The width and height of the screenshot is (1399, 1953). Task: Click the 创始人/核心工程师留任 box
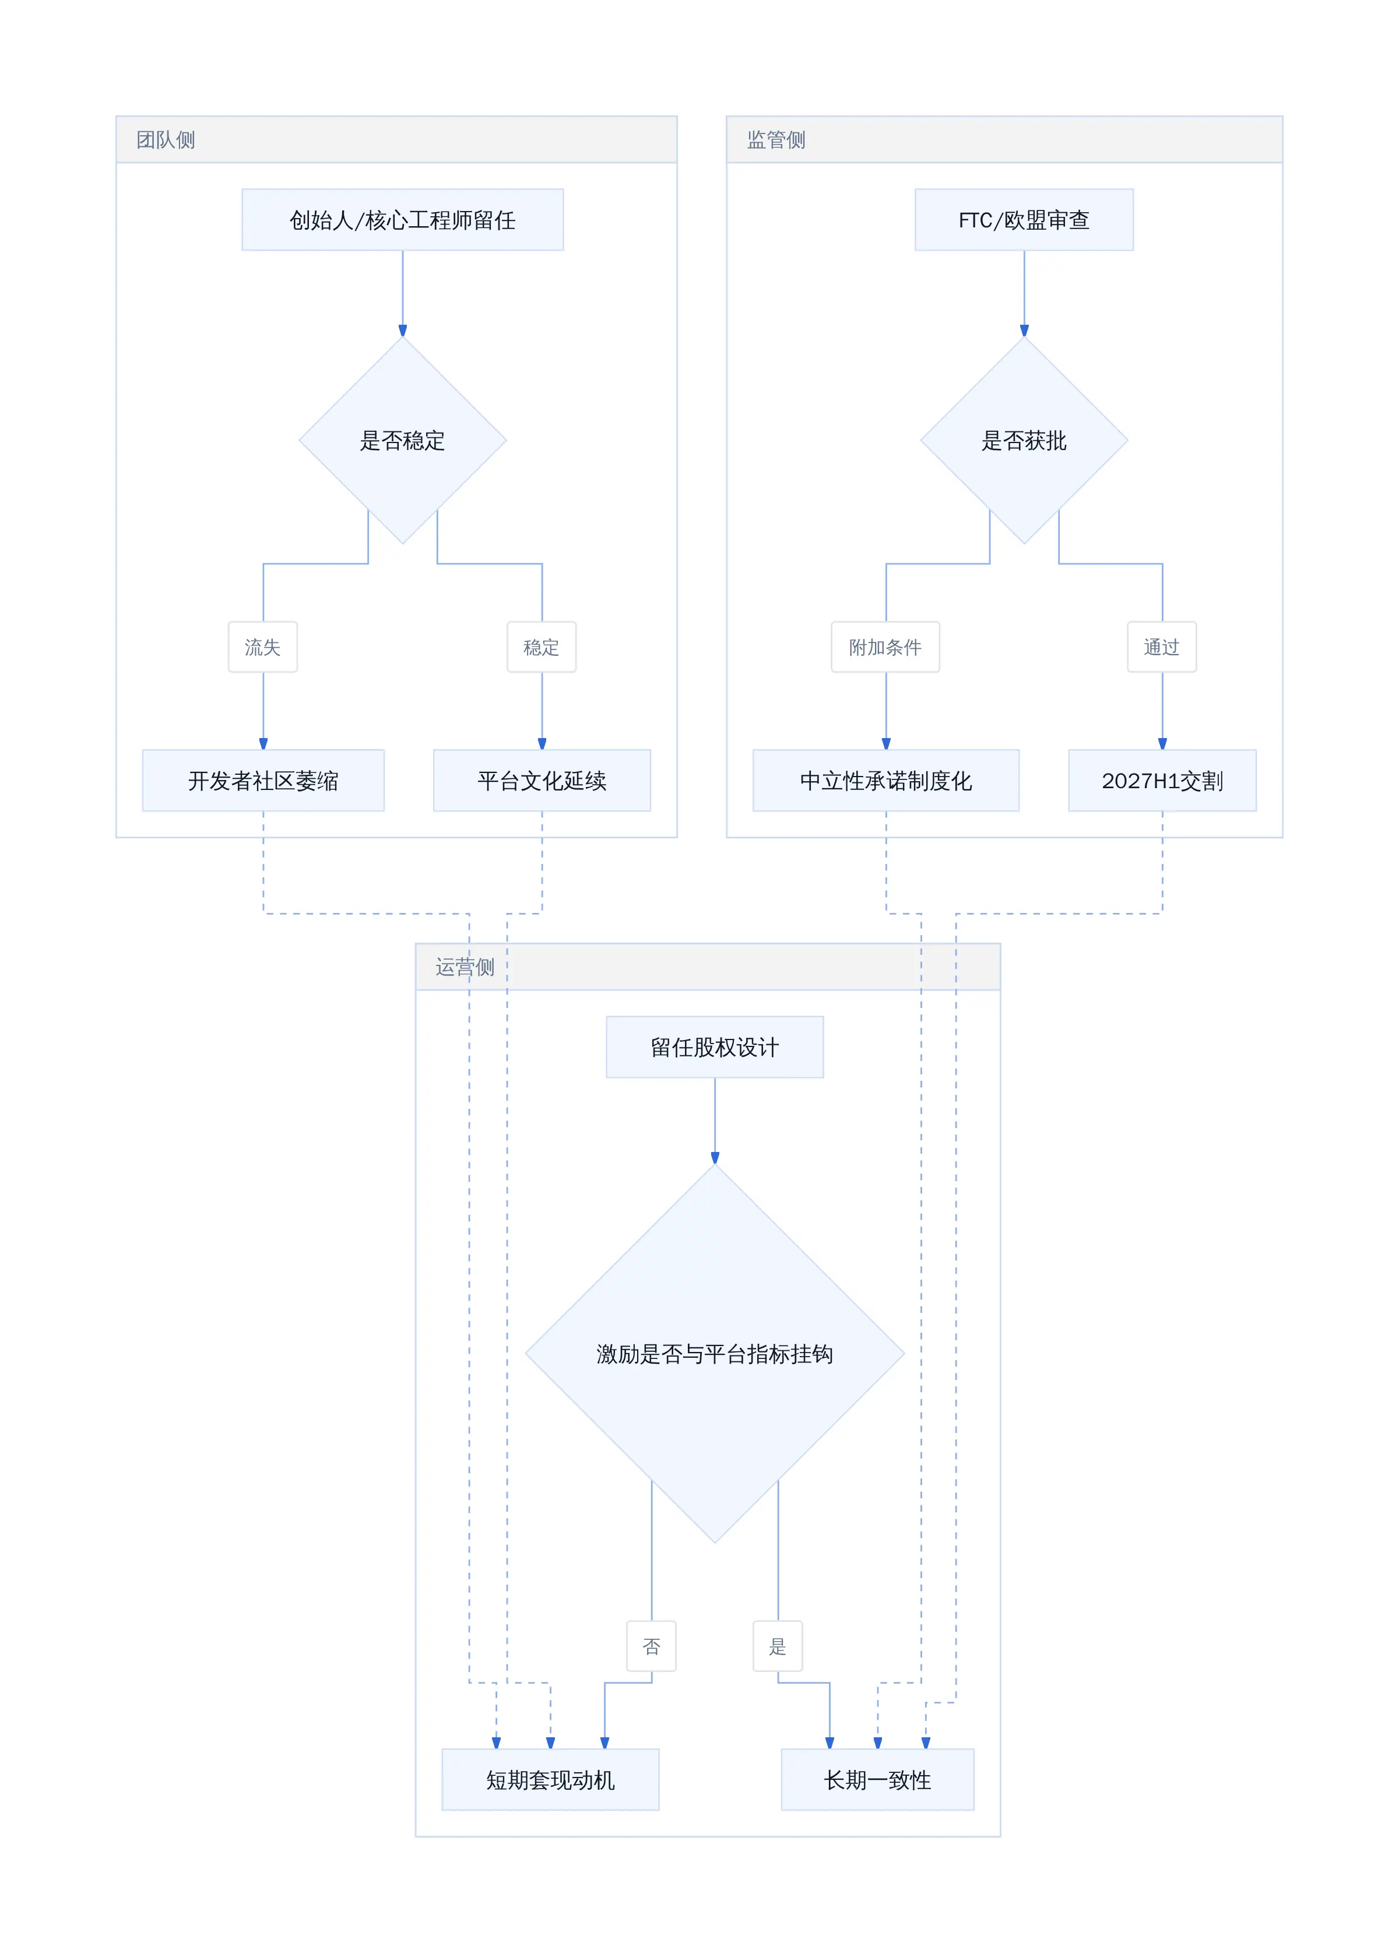(x=402, y=220)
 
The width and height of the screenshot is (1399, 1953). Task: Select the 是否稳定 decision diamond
(x=402, y=440)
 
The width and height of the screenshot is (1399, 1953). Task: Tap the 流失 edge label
(x=262, y=647)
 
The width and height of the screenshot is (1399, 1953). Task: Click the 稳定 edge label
(x=542, y=647)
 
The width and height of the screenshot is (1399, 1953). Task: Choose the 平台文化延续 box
(x=542, y=780)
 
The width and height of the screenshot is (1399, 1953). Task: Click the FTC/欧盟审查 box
(x=1024, y=220)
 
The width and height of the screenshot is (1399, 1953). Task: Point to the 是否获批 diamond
(x=1024, y=440)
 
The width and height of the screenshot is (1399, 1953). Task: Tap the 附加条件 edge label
(x=885, y=647)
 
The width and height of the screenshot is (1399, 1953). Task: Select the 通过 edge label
(x=1161, y=647)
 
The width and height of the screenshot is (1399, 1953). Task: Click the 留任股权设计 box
(x=715, y=1047)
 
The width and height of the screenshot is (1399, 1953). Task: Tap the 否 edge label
(x=652, y=1646)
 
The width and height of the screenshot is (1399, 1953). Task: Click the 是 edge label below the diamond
(x=778, y=1646)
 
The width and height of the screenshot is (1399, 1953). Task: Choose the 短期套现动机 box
(x=550, y=1780)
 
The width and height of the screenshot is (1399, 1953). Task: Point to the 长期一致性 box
(x=877, y=1780)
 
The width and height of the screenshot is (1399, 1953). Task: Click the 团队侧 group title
(x=166, y=139)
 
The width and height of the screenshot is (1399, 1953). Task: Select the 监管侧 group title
(x=776, y=139)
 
